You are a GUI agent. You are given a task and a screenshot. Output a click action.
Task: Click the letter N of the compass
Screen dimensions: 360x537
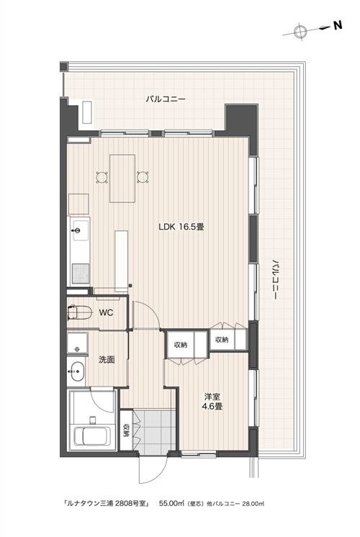338,26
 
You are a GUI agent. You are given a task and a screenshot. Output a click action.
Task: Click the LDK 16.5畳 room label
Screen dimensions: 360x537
181,227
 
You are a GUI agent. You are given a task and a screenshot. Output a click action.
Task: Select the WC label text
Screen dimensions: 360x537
106,312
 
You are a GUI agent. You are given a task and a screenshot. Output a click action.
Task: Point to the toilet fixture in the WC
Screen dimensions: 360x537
79,312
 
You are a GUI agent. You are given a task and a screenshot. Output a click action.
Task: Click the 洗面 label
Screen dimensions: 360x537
107,359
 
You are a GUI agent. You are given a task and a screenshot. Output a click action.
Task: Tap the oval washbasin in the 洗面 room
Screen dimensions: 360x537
76,371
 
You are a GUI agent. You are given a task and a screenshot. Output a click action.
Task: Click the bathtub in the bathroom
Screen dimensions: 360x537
92,436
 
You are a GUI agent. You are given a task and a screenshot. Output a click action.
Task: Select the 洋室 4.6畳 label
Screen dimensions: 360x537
212,402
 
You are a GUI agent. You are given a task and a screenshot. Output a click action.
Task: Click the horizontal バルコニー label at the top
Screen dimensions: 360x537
166,99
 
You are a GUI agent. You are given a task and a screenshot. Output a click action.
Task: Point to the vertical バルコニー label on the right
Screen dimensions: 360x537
275,279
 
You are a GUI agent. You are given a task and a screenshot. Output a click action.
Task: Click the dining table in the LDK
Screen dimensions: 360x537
122,179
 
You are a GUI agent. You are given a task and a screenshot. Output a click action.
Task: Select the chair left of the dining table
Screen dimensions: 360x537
102,177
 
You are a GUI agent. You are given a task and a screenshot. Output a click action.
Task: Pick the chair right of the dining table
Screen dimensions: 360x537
143,177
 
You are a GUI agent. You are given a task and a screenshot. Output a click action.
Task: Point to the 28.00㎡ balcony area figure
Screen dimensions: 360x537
253,504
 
